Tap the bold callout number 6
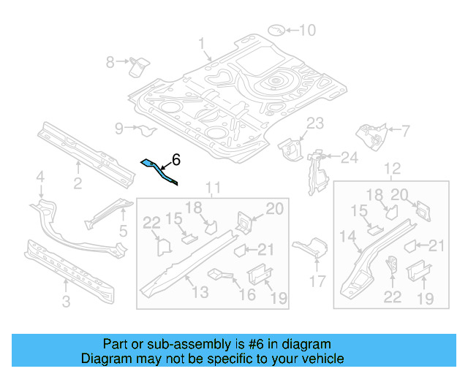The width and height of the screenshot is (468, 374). [175, 159]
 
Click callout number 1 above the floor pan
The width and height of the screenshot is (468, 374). [202, 44]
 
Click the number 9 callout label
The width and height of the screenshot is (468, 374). [119, 129]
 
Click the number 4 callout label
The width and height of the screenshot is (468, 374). [41, 176]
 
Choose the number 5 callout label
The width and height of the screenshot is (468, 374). [122, 232]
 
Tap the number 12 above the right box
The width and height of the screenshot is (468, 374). [392, 169]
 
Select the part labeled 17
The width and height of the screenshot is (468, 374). [311, 246]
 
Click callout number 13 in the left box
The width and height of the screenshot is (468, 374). [200, 292]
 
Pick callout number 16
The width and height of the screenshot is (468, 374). [248, 294]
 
